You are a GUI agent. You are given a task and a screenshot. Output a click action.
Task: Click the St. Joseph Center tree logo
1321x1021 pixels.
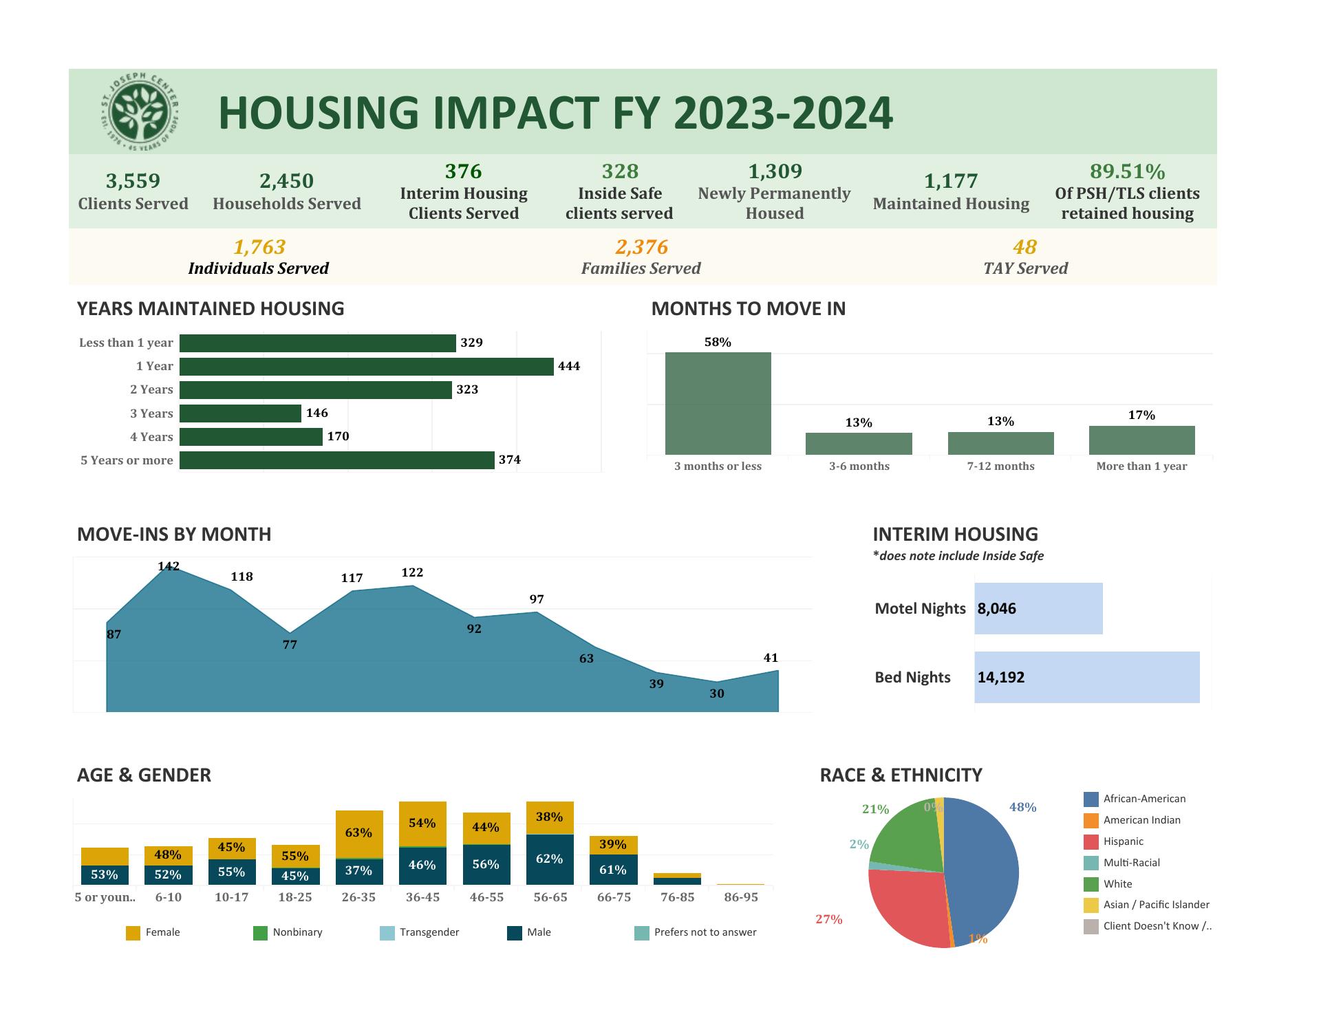[x=140, y=111]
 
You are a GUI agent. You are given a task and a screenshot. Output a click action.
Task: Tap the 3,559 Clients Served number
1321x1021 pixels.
[x=133, y=181]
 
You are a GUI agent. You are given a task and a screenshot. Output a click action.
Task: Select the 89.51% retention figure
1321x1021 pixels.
[x=1127, y=171]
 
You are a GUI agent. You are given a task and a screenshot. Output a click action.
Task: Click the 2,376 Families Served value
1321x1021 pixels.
[x=641, y=247]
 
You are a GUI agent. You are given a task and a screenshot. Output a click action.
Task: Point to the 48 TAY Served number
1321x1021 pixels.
[x=1024, y=247]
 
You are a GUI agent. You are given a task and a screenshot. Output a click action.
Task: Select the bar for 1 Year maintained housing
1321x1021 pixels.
[x=366, y=367]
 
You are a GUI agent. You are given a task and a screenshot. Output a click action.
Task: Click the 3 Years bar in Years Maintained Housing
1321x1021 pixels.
[x=240, y=413]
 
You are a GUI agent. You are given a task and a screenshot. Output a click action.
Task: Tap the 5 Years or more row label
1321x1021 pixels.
[x=127, y=460]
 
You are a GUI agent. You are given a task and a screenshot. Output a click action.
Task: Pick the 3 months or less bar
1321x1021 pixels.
[x=718, y=403]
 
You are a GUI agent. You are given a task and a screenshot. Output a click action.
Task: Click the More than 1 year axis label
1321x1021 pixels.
[x=1141, y=466]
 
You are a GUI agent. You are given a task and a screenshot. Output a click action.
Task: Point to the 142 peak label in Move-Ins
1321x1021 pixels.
[x=169, y=566]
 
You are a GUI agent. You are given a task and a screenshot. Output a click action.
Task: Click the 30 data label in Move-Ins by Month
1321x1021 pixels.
[x=717, y=694]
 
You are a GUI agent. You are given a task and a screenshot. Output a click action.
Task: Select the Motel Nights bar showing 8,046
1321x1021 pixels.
[x=1038, y=609]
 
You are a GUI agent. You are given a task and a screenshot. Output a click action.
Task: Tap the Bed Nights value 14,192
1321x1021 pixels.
[x=1000, y=678]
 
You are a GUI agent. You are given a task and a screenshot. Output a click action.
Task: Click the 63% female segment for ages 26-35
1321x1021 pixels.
[x=358, y=833]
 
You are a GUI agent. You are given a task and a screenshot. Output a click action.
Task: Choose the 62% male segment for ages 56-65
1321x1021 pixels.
[x=549, y=859]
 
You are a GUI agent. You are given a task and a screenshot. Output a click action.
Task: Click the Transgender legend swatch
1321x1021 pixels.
[x=387, y=933]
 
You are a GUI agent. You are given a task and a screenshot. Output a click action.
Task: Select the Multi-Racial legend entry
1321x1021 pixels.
[x=1131, y=863]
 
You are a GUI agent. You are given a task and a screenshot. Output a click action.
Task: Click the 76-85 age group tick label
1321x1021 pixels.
[x=677, y=898]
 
